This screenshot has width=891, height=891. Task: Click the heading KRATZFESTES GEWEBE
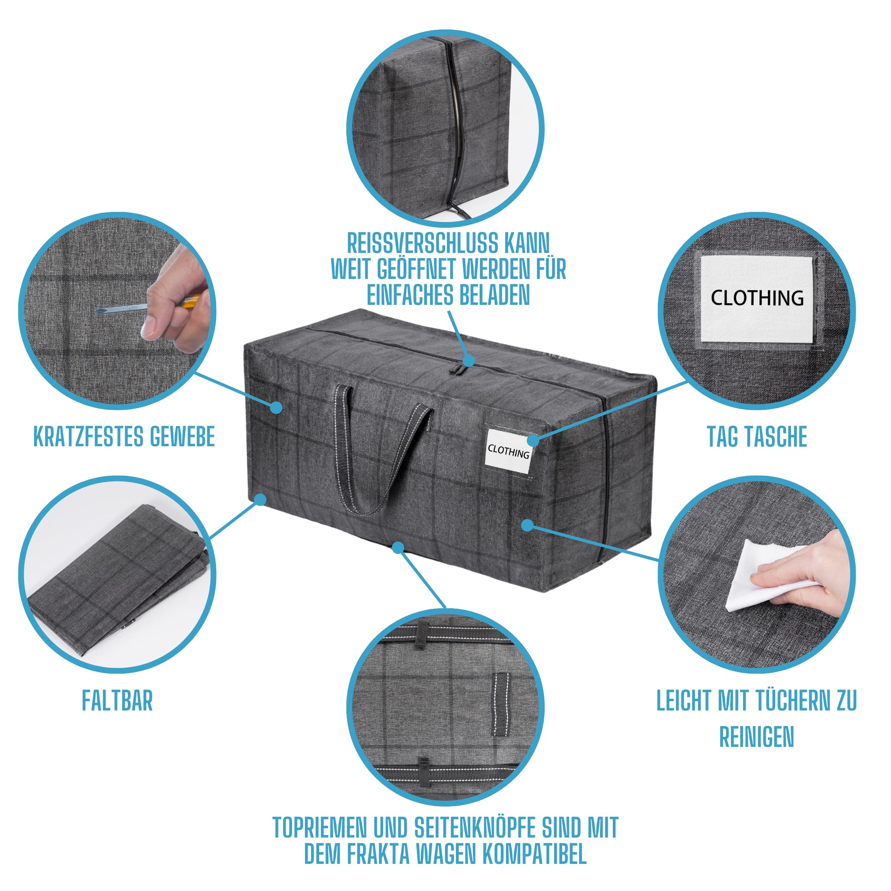point(124,436)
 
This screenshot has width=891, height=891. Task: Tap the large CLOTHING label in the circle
point(757,298)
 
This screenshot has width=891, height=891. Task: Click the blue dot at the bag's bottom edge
point(398,547)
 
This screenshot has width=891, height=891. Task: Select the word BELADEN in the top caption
point(494,295)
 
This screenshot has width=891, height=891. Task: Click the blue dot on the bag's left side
point(276,407)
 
